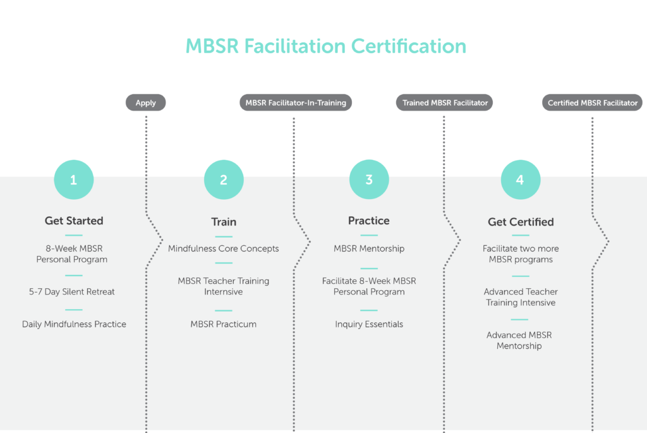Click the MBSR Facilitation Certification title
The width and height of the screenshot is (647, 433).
click(325, 46)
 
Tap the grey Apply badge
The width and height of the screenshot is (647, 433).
click(146, 103)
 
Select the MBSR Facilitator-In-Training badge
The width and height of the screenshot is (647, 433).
click(296, 103)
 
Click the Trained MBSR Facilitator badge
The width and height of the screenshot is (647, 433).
click(444, 103)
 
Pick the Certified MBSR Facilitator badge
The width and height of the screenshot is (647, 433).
click(592, 103)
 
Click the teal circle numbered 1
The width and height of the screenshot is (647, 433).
click(74, 180)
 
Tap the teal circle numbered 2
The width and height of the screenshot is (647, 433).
click(224, 180)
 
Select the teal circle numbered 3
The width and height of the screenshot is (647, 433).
click(369, 180)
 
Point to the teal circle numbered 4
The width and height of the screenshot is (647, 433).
click(521, 180)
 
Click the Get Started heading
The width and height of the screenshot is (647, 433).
click(74, 221)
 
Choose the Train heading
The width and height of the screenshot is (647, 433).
click(224, 222)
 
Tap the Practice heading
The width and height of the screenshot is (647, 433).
click(369, 221)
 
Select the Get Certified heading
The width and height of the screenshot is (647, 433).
click(521, 222)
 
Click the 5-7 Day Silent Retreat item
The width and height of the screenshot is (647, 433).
click(72, 292)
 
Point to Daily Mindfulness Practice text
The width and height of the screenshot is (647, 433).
click(75, 324)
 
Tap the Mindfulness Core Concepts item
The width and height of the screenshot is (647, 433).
click(223, 248)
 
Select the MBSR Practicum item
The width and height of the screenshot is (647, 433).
click(223, 324)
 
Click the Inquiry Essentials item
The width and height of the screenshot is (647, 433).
click(369, 324)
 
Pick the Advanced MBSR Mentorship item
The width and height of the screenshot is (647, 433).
click(519, 341)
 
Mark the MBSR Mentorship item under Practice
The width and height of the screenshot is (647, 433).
click(369, 248)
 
